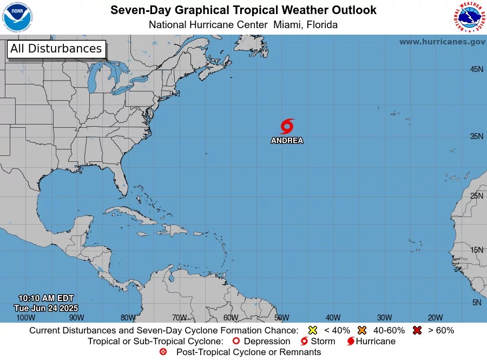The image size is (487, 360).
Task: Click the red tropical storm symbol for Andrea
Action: tap(287, 126)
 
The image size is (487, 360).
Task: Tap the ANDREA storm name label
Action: tap(287, 141)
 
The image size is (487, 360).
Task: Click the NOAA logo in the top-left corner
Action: tap(17, 17)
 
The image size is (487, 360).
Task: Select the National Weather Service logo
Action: tap(468, 17)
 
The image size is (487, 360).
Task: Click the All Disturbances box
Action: tap(56, 49)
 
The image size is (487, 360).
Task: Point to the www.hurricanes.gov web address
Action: tap(442, 42)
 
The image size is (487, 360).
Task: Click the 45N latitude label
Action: tap(476, 69)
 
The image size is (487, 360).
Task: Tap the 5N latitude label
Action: tap(476, 303)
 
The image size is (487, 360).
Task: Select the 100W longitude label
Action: tap(25, 318)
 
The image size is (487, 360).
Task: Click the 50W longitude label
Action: tap(281, 318)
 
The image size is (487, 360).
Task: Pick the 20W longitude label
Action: tap(435, 318)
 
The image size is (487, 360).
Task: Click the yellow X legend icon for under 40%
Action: tap(312, 330)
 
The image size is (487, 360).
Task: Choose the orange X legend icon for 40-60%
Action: tap(362, 330)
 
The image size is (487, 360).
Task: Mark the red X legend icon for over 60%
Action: tap(417, 330)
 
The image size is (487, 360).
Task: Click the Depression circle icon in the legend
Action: tap(235, 342)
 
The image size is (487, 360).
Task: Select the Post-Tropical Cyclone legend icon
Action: tap(163, 352)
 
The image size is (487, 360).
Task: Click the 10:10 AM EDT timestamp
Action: tap(45, 298)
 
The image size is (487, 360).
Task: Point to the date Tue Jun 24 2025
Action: tap(45, 308)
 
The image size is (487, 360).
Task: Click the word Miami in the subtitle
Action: tap(287, 25)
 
